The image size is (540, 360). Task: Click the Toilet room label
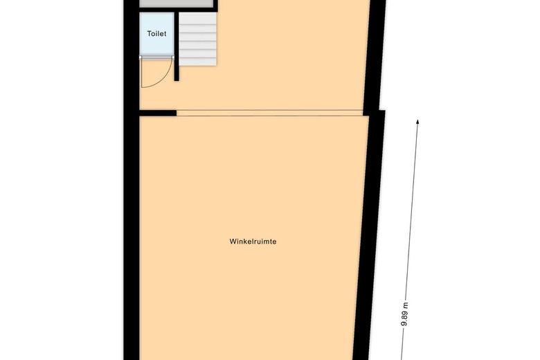156,33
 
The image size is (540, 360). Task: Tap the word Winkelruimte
258,242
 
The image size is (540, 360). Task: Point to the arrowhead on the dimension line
418,123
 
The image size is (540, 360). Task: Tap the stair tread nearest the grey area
199,18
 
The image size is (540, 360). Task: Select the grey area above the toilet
177,3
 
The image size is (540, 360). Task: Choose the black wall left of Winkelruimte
132,235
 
